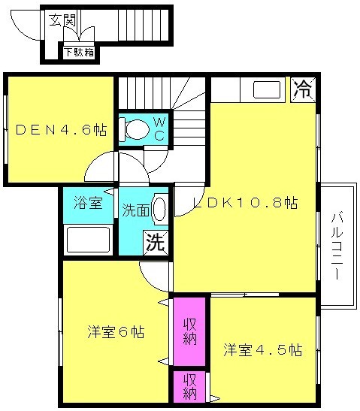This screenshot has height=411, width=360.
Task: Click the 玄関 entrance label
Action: point(62,20)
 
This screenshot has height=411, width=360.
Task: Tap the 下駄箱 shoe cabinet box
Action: point(79,53)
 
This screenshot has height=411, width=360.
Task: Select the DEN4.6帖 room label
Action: point(61,130)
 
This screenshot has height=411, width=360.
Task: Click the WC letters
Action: point(159,128)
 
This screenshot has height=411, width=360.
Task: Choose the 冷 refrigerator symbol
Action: point(303,89)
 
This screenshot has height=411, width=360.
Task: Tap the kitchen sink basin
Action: point(267,89)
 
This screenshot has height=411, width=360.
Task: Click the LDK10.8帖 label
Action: point(245,202)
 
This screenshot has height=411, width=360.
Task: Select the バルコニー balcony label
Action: point(337,245)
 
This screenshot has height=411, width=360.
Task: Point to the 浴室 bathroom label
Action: point(88,202)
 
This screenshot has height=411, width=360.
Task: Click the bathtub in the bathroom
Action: point(89,240)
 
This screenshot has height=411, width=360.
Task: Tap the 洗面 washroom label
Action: point(136,210)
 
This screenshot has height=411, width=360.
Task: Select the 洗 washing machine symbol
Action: point(156,243)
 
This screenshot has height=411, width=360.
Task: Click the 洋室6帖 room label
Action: point(116,332)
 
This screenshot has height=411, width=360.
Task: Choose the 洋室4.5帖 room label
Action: point(263,349)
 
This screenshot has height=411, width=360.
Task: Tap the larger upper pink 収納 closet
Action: point(189,331)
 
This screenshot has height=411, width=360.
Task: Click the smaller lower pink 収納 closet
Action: point(190,386)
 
